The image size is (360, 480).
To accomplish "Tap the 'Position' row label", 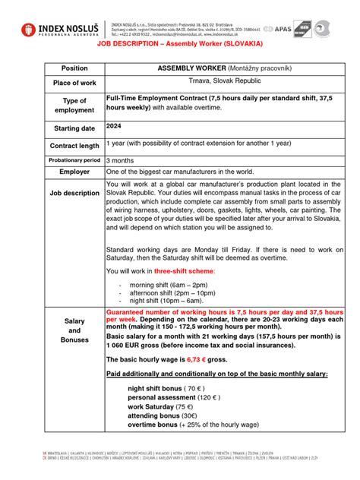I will click(x=74, y=68).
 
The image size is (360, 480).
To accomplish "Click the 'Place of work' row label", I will click(x=74, y=83).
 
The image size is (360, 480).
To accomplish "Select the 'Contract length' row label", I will click(x=74, y=146).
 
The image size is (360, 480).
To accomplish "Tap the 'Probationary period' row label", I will click(x=74, y=160).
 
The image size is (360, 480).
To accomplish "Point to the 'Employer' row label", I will click(x=74, y=172).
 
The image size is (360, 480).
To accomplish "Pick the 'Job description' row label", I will click(x=74, y=194).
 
